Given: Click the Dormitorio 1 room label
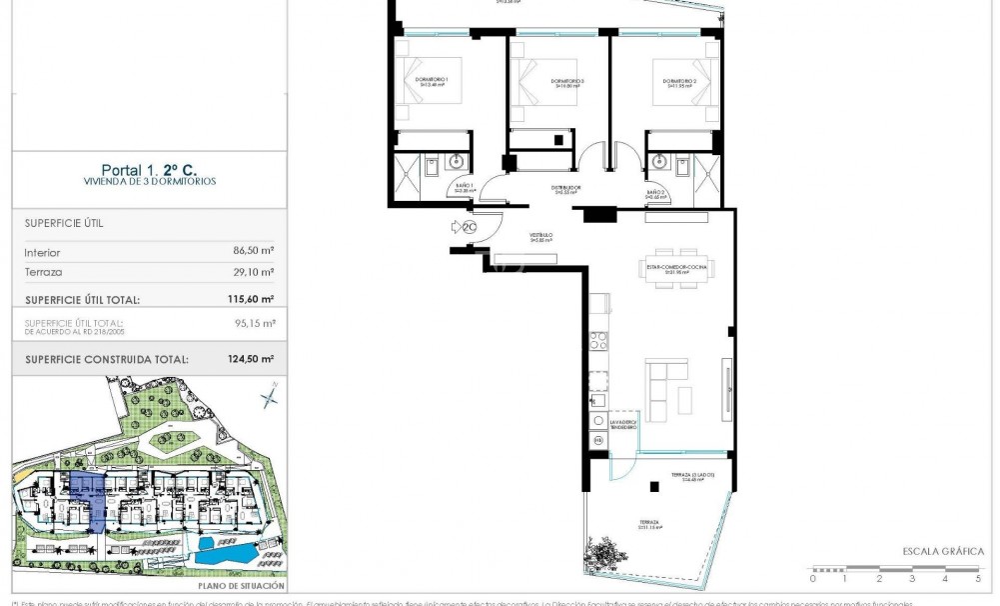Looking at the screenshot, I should tap(432, 81).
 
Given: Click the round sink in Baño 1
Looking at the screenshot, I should tap(459, 160).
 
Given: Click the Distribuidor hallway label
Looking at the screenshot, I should tap(566, 189).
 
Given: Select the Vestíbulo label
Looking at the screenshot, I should tap(540, 238).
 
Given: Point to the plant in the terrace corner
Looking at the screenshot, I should tap(603, 554).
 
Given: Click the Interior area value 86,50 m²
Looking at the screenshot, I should tap(254, 253).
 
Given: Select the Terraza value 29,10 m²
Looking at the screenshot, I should tap(254, 272).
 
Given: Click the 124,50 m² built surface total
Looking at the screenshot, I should tap(250, 359).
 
